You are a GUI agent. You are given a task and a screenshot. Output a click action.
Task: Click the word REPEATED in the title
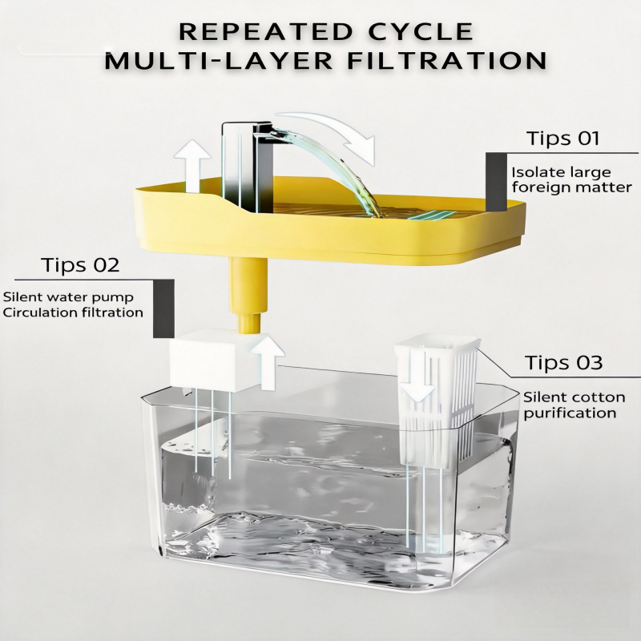(x=265, y=32)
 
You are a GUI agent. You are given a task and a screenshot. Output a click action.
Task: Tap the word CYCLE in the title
(x=421, y=32)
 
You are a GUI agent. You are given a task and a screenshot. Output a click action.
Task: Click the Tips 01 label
(x=563, y=138)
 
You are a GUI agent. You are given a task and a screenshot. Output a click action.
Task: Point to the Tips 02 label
(x=80, y=265)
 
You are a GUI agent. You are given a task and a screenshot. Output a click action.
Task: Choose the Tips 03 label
(x=564, y=362)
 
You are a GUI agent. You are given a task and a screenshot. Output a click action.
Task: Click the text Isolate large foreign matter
(x=572, y=179)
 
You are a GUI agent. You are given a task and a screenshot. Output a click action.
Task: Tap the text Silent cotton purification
(x=574, y=405)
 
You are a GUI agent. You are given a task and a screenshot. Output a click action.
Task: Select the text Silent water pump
(x=68, y=296)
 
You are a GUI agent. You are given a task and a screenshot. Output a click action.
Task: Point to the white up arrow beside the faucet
(x=192, y=166)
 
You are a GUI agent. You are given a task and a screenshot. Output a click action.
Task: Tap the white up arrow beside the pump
(x=267, y=361)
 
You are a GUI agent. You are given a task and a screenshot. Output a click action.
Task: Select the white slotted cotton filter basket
(x=437, y=401)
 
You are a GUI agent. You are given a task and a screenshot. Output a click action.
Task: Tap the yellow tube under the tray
(x=248, y=294)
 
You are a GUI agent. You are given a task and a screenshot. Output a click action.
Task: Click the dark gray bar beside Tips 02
(x=163, y=308)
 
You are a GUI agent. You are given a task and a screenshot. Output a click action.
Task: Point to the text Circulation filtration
(x=73, y=312)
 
